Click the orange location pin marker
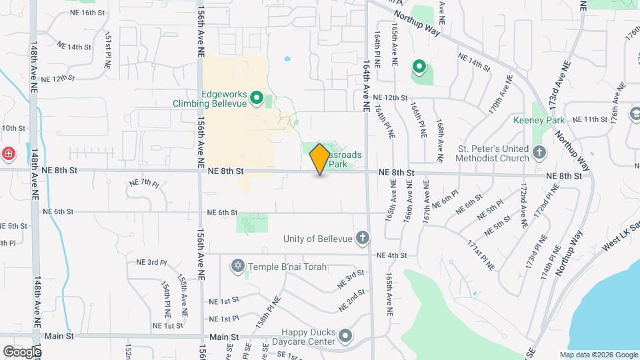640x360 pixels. (x=319, y=159)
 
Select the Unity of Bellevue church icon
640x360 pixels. (x=362, y=238)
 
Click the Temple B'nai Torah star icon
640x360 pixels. (x=237, y=267)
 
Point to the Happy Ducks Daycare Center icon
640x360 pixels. (x=345, y=336)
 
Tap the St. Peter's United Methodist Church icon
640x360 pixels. (x=539, y=153)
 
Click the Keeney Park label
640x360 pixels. (x=539, y=120)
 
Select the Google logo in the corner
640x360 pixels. (x=22, y=351)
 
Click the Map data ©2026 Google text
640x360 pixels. (x=599, y=355)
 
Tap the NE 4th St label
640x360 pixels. (x=391, y=255)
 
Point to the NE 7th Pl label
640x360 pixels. (x=144, y=183)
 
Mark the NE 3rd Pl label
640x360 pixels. (x=151, y=263)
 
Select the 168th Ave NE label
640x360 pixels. (x=440, y=140)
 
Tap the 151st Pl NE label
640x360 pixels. (x=107, y=51)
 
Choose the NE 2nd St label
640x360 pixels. (x=352, y=301)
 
